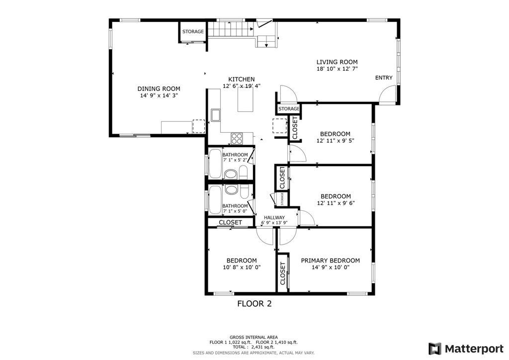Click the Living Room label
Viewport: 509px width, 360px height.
pos(337,62)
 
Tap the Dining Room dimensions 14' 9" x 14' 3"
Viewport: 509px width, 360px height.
pos(159,95)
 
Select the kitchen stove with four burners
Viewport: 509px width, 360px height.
pos(237,138)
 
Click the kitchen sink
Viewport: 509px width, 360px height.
pos(215,115)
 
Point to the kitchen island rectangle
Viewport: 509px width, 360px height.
pos(246,99)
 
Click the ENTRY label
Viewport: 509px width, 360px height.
pos(384,78)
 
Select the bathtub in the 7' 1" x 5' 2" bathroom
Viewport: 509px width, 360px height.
pos(215,163)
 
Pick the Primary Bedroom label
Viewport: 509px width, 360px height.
pos(330,261)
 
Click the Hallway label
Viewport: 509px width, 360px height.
pos(274,217)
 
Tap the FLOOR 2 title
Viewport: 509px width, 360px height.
pos(254,304)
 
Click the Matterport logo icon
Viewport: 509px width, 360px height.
pos(434,349)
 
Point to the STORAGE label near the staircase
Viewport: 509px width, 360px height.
pos(193,31)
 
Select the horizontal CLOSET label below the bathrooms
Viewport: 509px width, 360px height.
pos(230,222)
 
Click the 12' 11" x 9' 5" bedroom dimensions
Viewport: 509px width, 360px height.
pos(336,141)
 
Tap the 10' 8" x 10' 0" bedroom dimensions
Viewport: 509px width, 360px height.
pos(242,268)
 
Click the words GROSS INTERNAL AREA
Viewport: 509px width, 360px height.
pos(254,337)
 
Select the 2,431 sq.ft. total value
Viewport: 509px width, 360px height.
pos(262,347)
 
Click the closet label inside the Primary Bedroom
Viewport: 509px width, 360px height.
pos(282,273)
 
